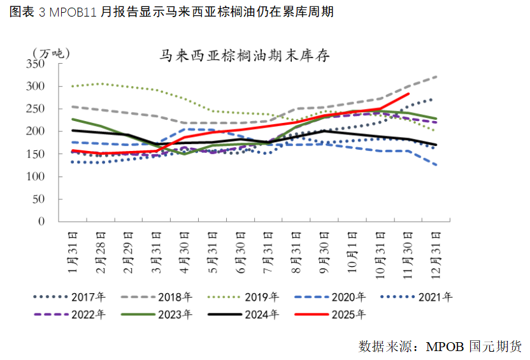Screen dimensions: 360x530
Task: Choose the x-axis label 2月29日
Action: tap(127, 250)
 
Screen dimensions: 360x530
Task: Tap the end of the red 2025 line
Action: tap(408, 94)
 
